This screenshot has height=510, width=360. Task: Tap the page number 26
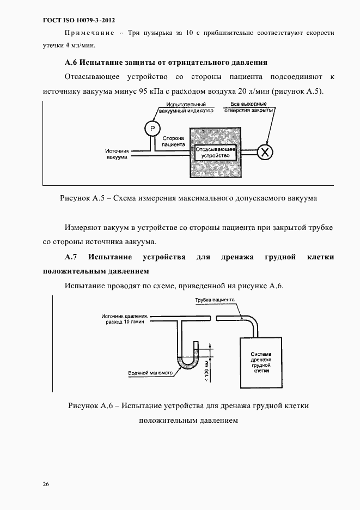(x=46, y=484)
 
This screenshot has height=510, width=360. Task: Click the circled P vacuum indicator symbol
(x=152, y=128)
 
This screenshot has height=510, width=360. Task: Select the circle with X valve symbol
(x=265, y=151)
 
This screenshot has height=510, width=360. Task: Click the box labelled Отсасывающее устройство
(x=216, y=151)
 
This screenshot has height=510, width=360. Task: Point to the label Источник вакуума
(x=117, y=154)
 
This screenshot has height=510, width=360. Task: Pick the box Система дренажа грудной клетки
(x=261, y=361)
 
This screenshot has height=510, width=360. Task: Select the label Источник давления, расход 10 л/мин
(x=124, y=319)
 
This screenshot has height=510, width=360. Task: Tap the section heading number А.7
(x=72, y=257)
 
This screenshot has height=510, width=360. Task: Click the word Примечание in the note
(x=91, y=33)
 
